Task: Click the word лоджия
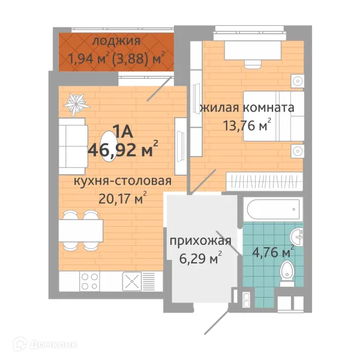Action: pyautogui.click(x=117, y=41)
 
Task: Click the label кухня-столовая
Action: pyautogui.click(x=122, y=181)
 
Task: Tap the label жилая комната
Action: pyautogui.click(x=246, y=108)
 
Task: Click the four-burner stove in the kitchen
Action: pyautogui.click(x=90, y=282)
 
